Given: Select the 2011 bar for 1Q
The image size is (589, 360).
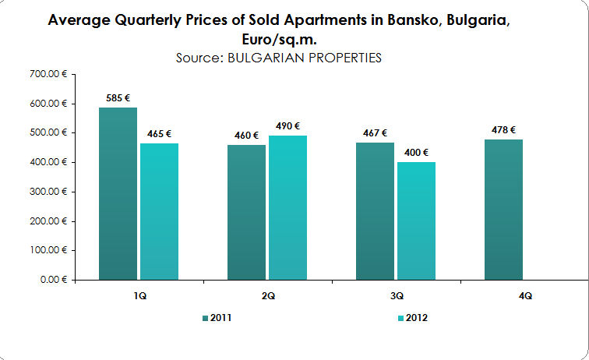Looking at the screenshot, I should (x=118, y=193).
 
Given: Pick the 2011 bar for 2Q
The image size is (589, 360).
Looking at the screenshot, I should (x=246, y=212).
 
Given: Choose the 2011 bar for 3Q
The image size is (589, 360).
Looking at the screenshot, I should (x=375, y=210).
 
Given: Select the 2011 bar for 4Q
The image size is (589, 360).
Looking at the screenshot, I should (x=503, y=209).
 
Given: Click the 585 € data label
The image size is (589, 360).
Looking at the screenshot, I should (x=118, y=98).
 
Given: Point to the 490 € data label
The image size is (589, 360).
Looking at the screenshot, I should (x=287, y=126).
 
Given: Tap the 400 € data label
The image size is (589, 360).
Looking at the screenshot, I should (x=415, y=153).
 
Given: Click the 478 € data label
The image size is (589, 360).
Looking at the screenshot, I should (x=503, y=130).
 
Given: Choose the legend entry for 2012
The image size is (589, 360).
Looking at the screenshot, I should (x=412, y=318).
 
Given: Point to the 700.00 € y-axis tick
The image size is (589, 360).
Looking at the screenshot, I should (x=48, y=74).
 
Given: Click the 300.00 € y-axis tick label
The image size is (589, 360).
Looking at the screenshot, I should (x=48, y=192).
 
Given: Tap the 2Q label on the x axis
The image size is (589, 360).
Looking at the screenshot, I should (x=266, y=296).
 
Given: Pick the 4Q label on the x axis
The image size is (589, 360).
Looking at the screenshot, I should (x=524, y=296).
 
